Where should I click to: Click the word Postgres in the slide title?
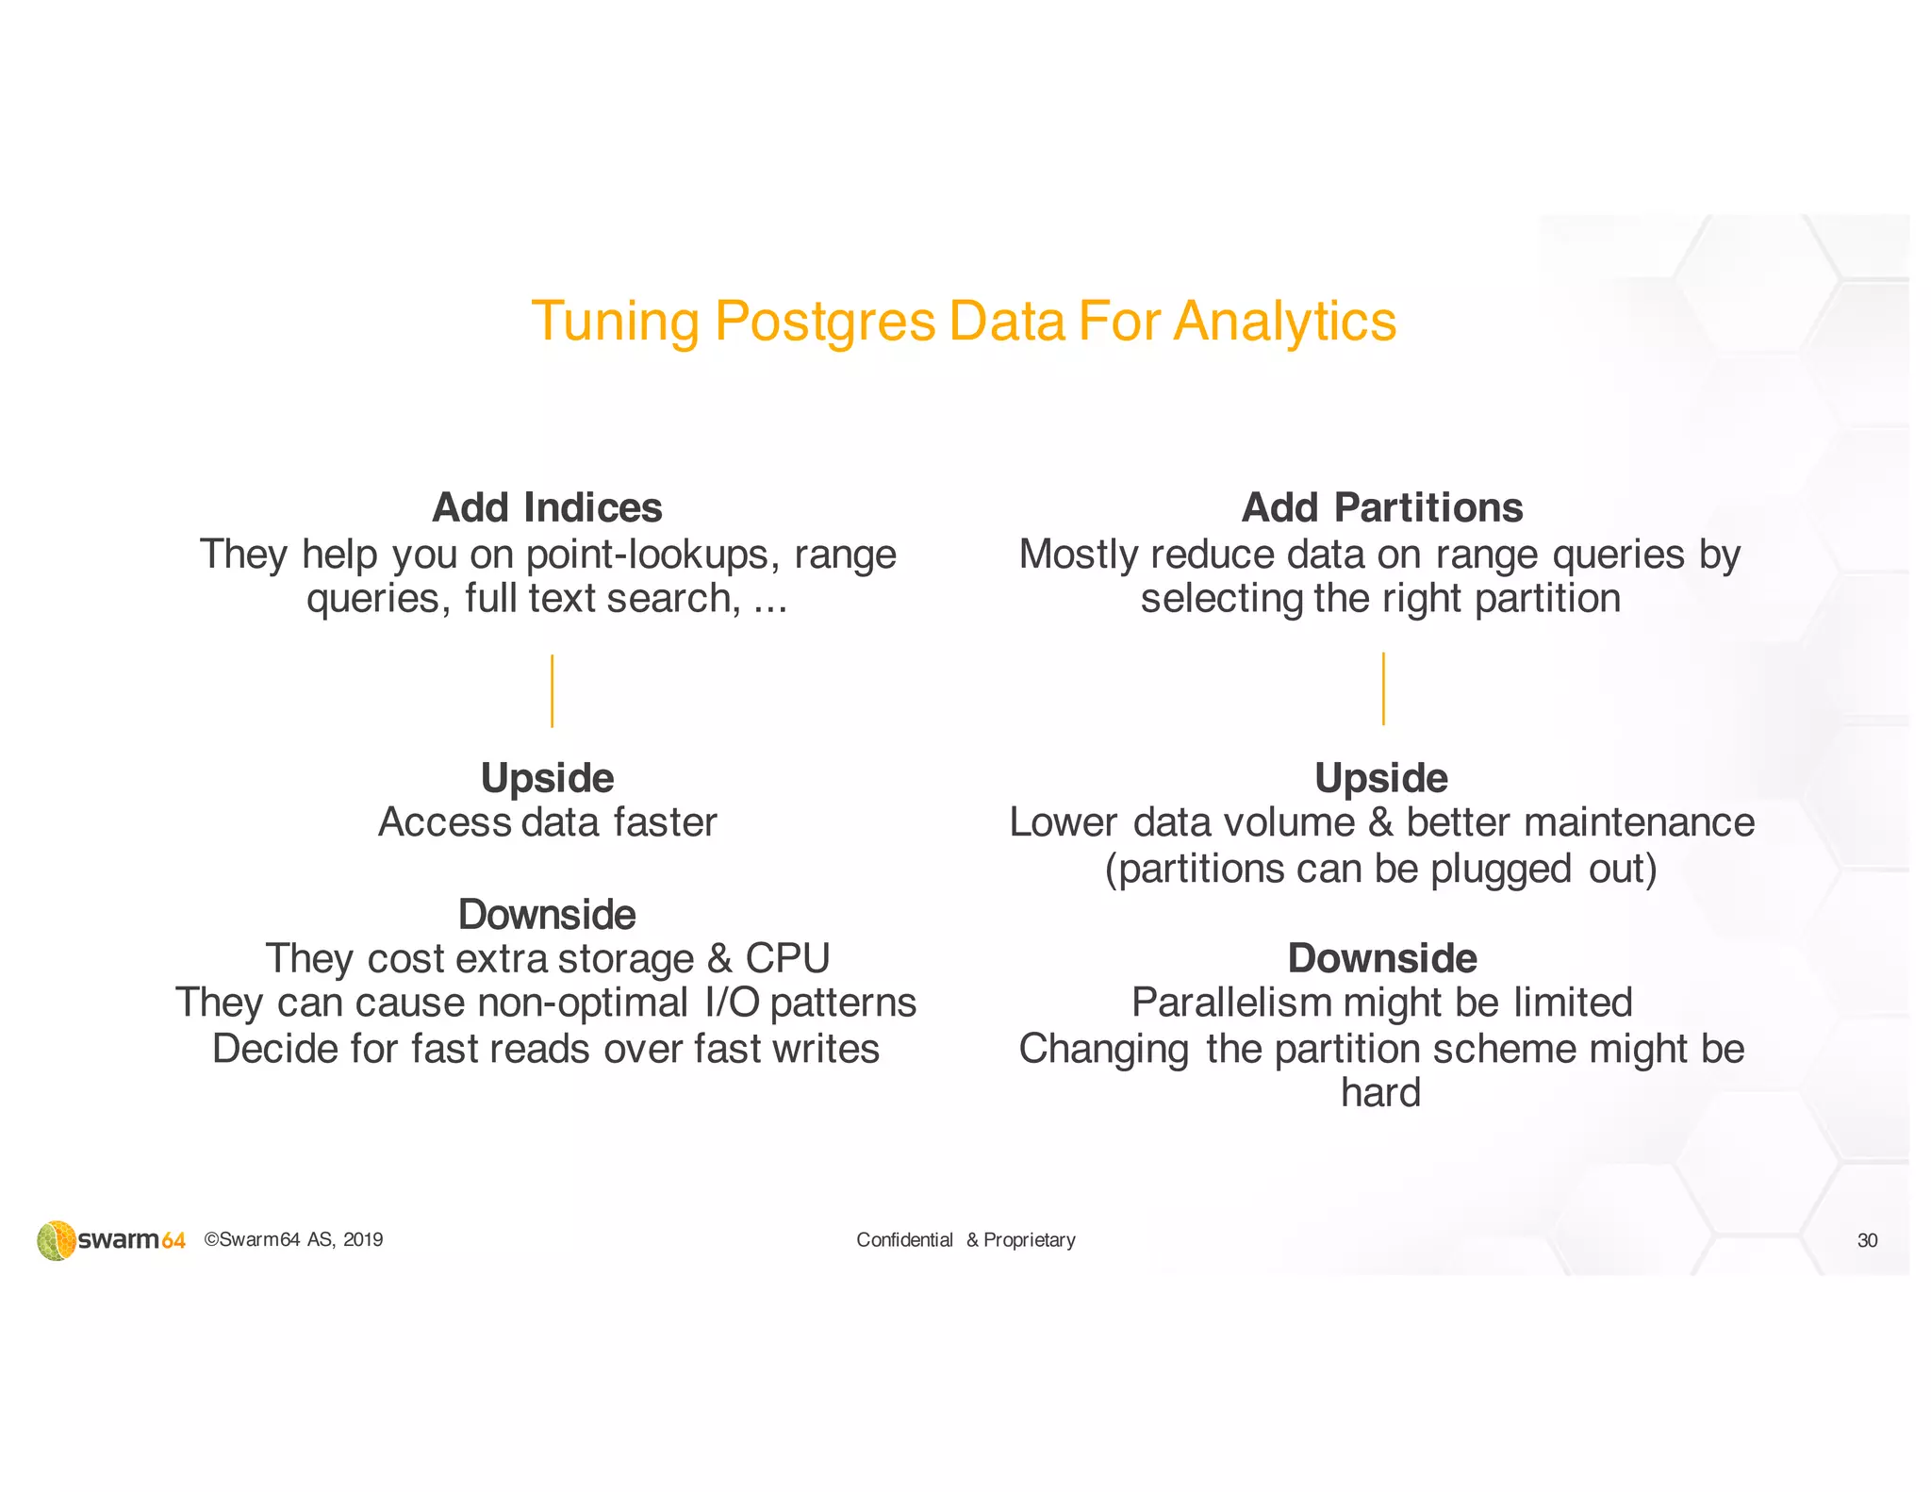pos(824,323)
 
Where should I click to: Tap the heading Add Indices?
pos(547,507)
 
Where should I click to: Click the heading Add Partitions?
pos(1381,507)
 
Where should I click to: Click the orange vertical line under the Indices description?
pos(552,690)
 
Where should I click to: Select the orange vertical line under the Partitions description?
pos(1383,688)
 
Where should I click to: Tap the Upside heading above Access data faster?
pos(547,778)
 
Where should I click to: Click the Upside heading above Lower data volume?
pos(1381,778)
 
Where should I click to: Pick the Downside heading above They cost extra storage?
pos(547,914)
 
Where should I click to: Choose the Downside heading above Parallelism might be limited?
pos(1382,958)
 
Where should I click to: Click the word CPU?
pos(787,958)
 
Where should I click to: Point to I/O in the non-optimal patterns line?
pos(732,1003)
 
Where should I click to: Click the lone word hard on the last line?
pos(1380,1093)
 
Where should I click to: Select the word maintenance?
pos(1639,822)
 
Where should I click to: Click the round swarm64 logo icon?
pos(57,1240)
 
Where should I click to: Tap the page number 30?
pos(1867,1240)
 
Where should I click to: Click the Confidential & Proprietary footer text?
pos(965,1240)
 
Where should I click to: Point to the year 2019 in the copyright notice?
pos(363,1240)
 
